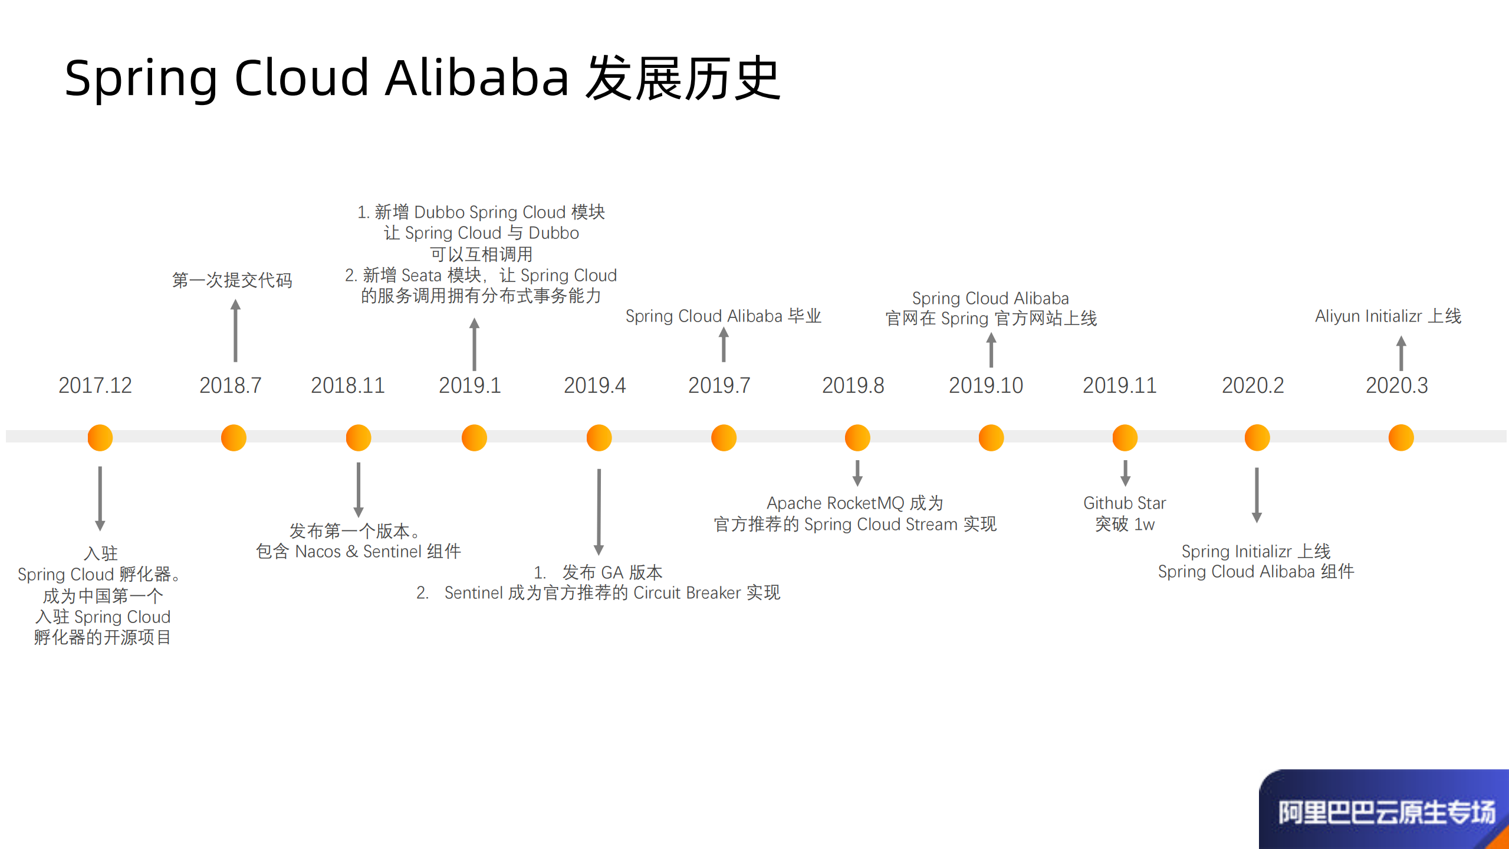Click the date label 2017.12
coord(95,386)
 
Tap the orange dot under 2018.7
coord(234,438)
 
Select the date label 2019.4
coord(594,386)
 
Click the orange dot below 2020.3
coord(1400,438)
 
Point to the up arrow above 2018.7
coord(235,330)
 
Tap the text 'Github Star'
coord(1125,503)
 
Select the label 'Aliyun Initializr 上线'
coord(1388,316)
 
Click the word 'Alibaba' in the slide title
coord(477,78)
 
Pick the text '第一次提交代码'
coord(232,280)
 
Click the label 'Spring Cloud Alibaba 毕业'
coord(723,316)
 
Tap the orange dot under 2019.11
coord(1125,438)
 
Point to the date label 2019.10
coord(985,386)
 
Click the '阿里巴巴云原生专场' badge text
coord(1386,812)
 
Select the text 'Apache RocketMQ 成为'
coord(855,503)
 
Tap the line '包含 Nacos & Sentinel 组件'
coord(358,552)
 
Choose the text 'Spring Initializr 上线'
coord(1255,552)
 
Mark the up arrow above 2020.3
coord(1401,353)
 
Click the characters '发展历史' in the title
coord(682,78)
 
